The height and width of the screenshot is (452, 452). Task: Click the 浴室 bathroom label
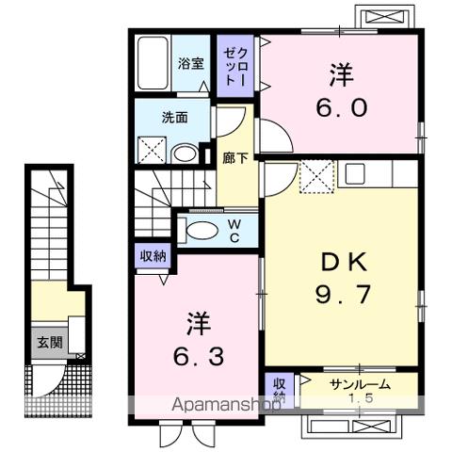click(191, 63)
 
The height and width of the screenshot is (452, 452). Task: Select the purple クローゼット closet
click(234, 66)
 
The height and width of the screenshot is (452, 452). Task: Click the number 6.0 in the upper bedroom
click(340, 107)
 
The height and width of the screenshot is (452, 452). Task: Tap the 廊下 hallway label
click(234, 158)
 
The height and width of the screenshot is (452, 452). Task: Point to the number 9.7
click(340, 295)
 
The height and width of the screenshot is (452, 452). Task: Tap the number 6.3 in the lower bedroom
click(199, 358)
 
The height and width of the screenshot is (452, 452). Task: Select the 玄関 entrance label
click(51, 342)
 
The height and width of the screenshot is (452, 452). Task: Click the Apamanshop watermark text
click(226, 406)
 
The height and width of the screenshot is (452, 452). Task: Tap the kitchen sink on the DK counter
click(355, 173)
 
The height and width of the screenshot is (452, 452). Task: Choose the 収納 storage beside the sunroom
click(280, 389)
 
